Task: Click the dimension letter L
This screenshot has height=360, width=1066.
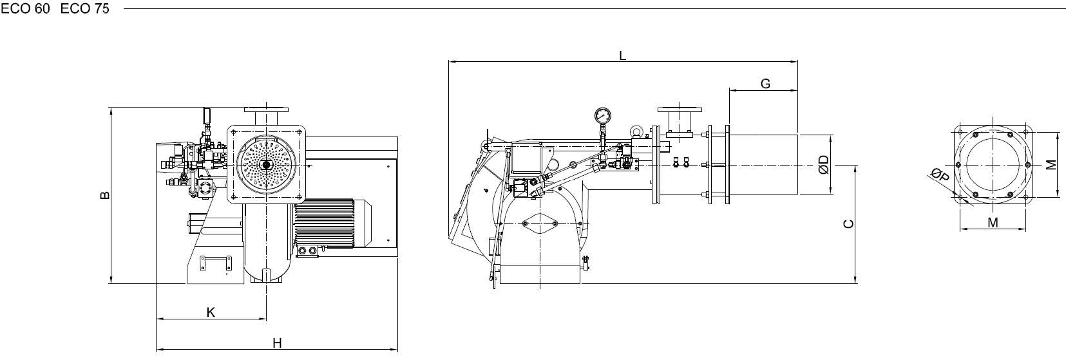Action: pyautogui.click(x=622, y=55)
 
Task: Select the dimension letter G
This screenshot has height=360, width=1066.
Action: pyautogui.click(x=765, y=84)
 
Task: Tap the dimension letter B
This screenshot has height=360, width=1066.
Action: pyautogui.click(x=105, y=195)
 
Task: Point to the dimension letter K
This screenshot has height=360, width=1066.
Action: pyautogui.click(x=211, y=312)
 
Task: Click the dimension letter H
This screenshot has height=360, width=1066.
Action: pyautogui.click(x=277, y=343)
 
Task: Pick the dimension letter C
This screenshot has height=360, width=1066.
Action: pyautogui.click(x=848, y=223)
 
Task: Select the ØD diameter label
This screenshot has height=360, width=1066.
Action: pyautogui.click(x=824, y=165)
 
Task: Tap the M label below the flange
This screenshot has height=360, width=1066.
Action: pyautogui.click(x=993, y=222)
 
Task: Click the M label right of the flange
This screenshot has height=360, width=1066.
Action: pyautogui.click(x=1051, y=165)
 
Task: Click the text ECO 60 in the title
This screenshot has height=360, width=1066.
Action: pyautogui.click(x=25, y=8)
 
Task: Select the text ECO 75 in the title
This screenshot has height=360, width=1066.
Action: pyautogui.click(x=85, y=8)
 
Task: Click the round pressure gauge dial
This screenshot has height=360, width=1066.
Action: pyautogui.click(x=602, y=115)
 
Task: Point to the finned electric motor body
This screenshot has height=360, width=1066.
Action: pyautogui.click(x=324, y=223)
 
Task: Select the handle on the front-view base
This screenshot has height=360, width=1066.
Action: pyautogui.click(x=215, y=263)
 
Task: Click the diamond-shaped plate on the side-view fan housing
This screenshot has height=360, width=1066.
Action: pyautogui.click(x=540, y=223)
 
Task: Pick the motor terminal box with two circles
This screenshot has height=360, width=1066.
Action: pyautogui.click(x=307, y=251)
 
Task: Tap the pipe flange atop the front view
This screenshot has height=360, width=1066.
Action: pyautogui.click(x=266, y=110)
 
